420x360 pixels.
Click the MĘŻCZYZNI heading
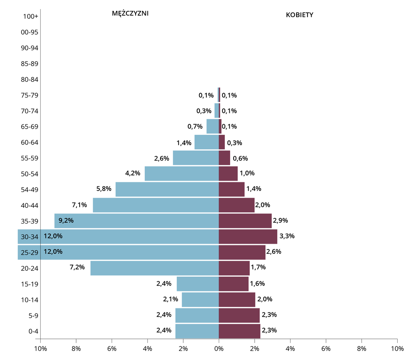coord(130,14)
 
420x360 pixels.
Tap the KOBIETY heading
coord(299,15)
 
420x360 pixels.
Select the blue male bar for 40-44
coord(156,205)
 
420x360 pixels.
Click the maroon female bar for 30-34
coord(248,237)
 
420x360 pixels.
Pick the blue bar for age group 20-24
coord(154,268)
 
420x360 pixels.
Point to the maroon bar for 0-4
coord(239,331)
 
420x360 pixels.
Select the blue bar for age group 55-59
coord(196,158)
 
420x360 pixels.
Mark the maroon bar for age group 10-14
coord(237,300)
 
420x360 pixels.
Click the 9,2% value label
coord(66,220)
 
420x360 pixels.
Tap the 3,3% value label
coord(287,236)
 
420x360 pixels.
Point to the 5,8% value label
coord(104,189)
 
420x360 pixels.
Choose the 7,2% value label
coord(77,267)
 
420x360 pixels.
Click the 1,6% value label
coord(257,283)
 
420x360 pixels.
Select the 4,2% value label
coord(133,173)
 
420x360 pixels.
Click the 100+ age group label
coord(31,17)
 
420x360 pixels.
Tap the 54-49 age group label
coord(30,189)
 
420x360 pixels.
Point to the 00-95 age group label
coord(30,32)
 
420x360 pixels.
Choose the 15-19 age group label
coord(30,284)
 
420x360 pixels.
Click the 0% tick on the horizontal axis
coord(219,349)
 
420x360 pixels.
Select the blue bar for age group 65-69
coord(213,126)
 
